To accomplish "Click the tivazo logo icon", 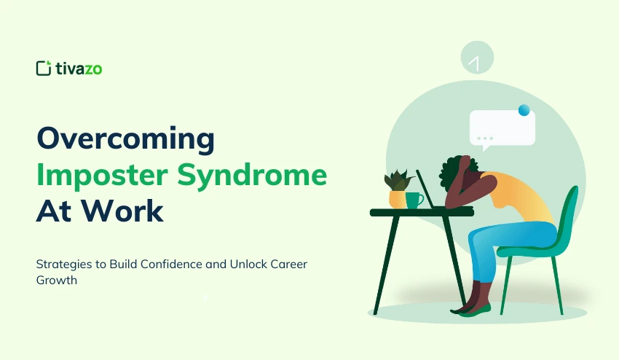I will (44, 68).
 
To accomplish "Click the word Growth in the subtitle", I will (57, 280).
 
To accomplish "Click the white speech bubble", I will (502, 128).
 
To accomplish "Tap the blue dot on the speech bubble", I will (524, 110).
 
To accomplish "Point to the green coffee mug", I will (414, 200).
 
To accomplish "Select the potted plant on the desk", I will (398, 188).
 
